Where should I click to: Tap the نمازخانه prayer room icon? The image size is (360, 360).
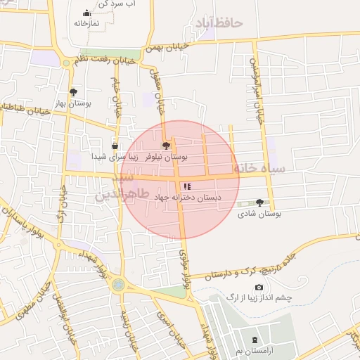point(86,13)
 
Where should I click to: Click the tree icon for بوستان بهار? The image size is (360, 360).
point(73,92)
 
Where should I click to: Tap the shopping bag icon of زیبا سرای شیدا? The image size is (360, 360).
point(115,146)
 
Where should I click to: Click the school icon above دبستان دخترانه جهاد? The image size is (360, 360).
point(186,186)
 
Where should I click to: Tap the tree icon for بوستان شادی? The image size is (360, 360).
point(260,202)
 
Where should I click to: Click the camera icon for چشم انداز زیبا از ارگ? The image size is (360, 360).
point(259,288)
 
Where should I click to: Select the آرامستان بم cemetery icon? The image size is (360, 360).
point(254,340)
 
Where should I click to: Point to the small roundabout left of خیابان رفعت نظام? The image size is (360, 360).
point(67,63)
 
